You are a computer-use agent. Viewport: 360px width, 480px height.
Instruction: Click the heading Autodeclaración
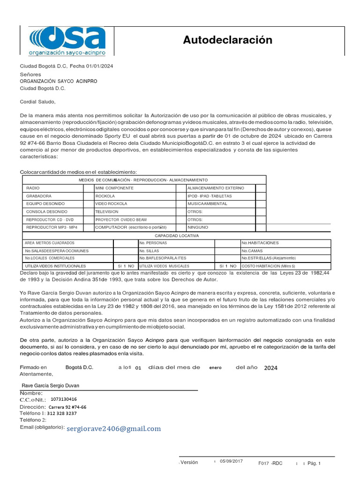click(x=227, y=40)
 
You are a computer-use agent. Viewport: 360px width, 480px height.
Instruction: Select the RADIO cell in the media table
click(x=33, y=188)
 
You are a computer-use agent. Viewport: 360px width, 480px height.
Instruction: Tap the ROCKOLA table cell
click(x=105, y=196)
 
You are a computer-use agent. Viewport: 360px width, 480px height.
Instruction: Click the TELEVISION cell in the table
click(x=107, y=212)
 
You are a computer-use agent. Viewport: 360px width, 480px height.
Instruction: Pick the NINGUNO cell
click(x=198, y=227)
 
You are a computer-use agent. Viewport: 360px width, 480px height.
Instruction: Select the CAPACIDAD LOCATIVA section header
click(x=177, y=235)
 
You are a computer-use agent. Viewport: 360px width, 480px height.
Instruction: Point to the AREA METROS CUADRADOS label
click(x=49, y=243)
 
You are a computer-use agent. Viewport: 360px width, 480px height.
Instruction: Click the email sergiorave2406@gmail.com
click(x=113, y=428)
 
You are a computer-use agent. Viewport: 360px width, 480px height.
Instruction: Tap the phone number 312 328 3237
click(x=62, y=413)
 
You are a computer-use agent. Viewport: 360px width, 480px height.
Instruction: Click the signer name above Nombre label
click(x=54, y=385)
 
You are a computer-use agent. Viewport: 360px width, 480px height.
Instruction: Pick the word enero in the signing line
click(x=215, y=368)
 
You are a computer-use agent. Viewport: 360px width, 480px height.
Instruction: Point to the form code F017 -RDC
click(x=270, y=463)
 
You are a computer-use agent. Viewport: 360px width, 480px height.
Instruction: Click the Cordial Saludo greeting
click(x=37, y=101)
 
